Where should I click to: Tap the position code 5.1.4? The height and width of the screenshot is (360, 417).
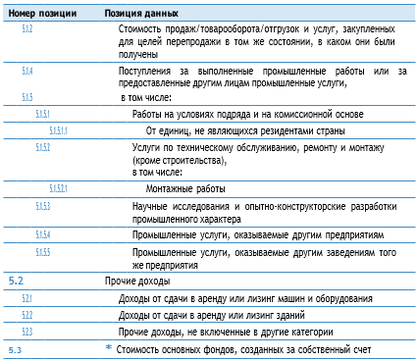point(27,72)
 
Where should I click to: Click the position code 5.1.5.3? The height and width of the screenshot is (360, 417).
point(43,206)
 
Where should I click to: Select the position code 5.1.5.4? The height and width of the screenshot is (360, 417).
point(43,234)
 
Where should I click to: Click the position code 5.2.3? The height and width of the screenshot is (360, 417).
point(27,333)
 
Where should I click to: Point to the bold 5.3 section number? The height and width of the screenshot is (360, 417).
point(15,349)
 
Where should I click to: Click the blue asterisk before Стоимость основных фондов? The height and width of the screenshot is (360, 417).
point(109,348)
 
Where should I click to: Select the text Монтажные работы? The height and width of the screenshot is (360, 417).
point(186,187)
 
